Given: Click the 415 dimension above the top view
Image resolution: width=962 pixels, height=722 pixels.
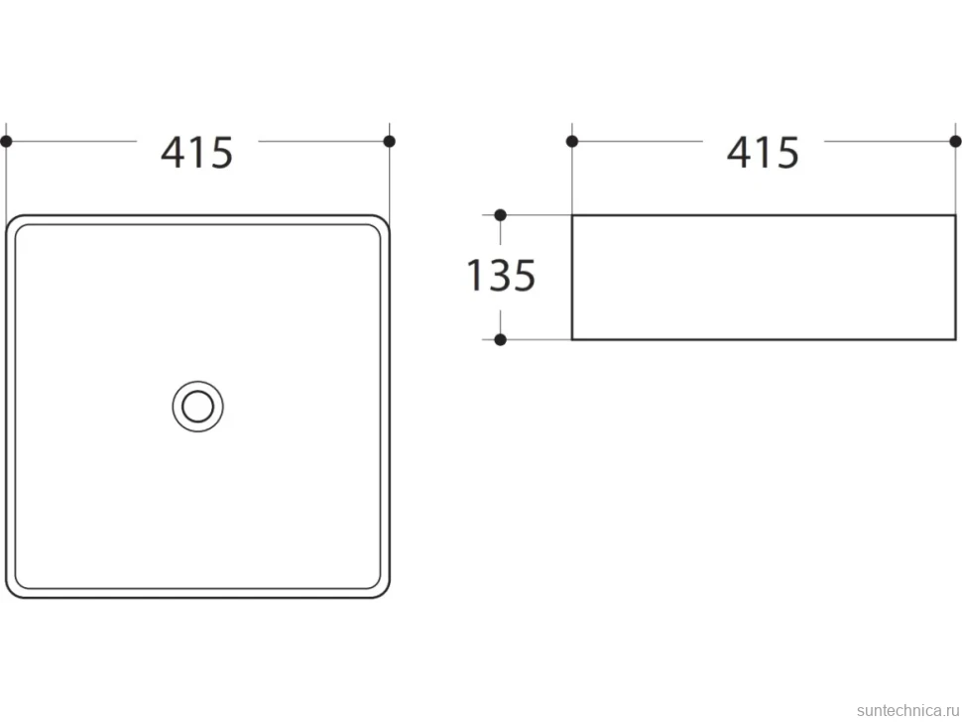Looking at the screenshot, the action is [x=197, y=152].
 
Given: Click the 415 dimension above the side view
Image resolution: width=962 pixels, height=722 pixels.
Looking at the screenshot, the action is [x=763, y=152].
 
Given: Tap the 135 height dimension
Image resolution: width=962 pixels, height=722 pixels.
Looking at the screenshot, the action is [x=501, y=275].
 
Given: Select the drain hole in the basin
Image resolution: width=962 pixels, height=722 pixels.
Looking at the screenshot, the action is [x=197, y=406].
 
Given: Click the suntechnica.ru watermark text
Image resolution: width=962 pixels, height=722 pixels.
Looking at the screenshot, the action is [x=907, y=710].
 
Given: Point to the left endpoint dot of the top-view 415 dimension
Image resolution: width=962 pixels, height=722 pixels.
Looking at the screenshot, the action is [x=6, y=142].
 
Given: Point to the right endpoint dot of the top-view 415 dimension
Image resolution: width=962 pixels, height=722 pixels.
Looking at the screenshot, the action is [x=389, y=141].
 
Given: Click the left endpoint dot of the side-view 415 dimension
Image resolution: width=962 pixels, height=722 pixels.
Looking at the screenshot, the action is [x=572, y=142].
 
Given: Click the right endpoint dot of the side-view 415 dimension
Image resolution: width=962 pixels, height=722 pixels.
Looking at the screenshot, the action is [x=955, y=141].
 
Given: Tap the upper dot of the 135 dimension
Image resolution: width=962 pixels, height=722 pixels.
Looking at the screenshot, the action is [x=500, y=215].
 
